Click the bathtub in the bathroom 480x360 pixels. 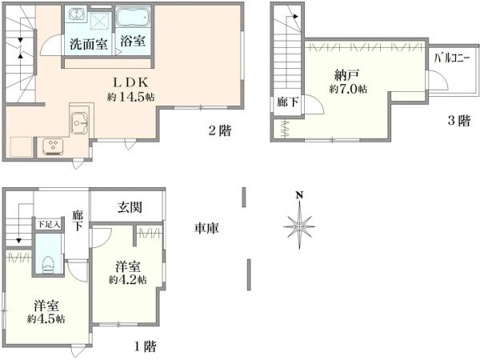[131, 18]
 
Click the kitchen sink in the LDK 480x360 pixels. [80, 123]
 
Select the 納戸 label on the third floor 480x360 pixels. [348, 76]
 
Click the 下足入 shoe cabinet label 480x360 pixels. [47, 226]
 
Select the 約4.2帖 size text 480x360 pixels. [130, 281]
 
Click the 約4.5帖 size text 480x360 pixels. [46, 318]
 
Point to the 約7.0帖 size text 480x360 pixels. [348, 90]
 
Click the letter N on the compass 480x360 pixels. [298, 194]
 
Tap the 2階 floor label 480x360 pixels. [221, 131]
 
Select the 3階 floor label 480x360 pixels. [458, 121]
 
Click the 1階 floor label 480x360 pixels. [144, 346]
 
